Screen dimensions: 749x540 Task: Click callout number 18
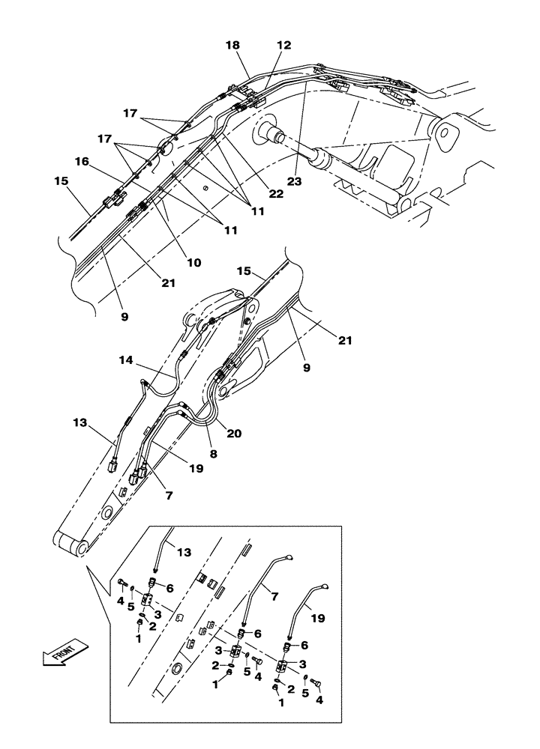coord(232,46)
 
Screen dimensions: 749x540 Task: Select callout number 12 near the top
coord(283,46)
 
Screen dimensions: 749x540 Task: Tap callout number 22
coord(276,195)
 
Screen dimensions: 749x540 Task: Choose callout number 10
coord(194,263)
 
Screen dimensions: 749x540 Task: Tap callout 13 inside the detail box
coord(183,552)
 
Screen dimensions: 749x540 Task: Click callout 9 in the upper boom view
coord(124,317)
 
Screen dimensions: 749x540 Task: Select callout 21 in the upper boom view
coord(167,283)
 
